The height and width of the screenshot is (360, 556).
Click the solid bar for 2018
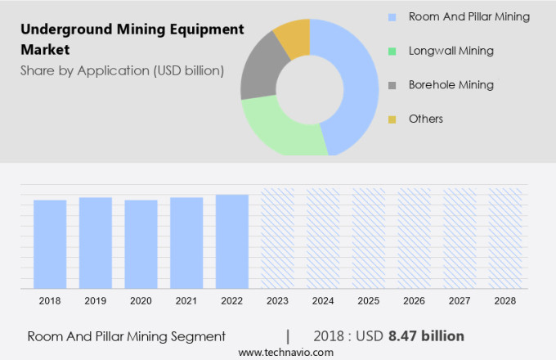click(50, 244)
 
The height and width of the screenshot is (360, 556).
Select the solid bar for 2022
click(232, 241)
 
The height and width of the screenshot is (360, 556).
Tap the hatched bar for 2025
click(369, 238)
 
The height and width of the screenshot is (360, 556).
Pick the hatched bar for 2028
click(505, 238)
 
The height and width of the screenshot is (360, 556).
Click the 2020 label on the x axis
click(141, 301)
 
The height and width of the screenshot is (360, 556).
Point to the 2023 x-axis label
click(277, 301)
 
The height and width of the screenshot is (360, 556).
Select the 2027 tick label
click(460, 301)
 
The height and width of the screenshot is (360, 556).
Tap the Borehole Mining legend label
click(451, 85)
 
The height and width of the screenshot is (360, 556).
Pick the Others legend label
click(425, 119)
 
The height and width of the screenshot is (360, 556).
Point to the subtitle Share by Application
click(122, 70)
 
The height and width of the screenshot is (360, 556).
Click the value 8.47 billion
click(426, 336)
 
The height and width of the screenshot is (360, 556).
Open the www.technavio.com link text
click(285, 352)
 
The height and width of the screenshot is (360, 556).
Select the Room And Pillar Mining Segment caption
click(126, 336)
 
